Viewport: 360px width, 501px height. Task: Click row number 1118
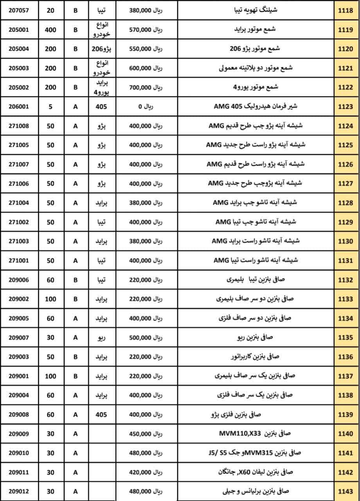tap(346, 11)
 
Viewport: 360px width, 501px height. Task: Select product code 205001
tap(19, 30)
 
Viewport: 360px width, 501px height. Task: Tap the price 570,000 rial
tap(146, 30)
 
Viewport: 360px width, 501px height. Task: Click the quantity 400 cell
tap(50, 30)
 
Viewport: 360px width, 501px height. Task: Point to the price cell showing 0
tap(146, 107)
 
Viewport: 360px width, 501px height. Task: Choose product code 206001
tap(19, 107)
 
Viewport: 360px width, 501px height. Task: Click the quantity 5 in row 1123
tap(50, 107)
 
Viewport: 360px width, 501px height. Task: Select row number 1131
tap(346, 260)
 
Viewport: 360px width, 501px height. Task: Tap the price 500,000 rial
tap(146, 337)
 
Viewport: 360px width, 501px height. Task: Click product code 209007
tap(19, 337)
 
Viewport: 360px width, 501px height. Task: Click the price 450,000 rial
tap(146, 433)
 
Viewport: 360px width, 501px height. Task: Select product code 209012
tap(19, 491)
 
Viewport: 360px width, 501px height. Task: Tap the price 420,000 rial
tap(146, 472)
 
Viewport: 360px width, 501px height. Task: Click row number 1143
tap(346, 491)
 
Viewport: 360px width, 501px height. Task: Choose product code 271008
tap(19, 126)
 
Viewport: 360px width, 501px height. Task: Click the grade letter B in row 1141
tap(76, 452)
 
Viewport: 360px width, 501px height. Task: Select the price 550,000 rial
tap(146, 49)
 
